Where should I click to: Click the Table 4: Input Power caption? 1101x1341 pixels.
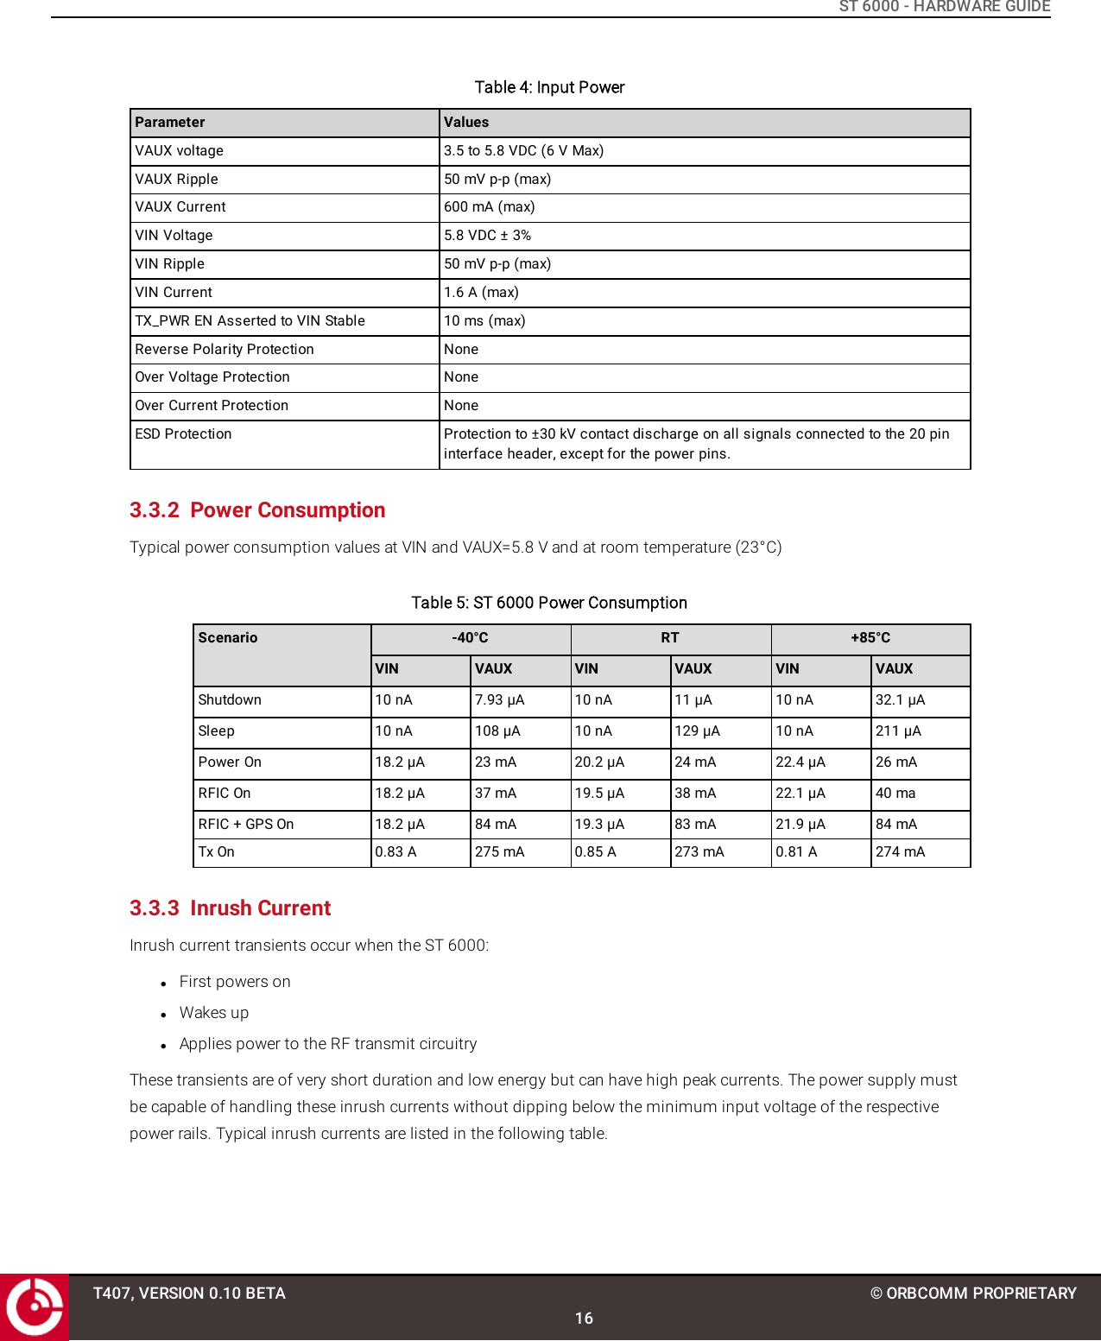[549, 87]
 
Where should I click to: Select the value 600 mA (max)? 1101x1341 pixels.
[489, 207]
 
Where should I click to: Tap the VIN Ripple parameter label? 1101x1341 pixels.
[170, 264]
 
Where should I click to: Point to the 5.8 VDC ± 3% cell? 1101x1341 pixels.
[487, 236]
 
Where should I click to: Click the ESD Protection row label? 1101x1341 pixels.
[183, 434]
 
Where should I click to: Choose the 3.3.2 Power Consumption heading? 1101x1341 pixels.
[257, 510]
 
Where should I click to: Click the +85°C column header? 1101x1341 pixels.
[870, 638]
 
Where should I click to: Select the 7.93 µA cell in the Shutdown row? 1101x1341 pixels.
[499, 700]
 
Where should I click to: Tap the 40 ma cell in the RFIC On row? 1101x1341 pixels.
[895, 794]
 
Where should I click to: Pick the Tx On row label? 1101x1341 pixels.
[217, 852]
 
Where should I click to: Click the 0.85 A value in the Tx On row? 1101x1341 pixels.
[595, 852]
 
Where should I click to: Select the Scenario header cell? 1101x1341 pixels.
[228, 638]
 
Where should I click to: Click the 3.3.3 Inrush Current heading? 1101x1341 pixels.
[230, 908]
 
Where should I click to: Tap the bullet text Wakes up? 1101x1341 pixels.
[214, 1013]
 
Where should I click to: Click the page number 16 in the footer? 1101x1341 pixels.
[584, 1319]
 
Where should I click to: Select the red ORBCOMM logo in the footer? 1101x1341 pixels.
[35, 1306]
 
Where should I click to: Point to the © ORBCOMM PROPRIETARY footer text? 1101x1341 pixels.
[973, 1294]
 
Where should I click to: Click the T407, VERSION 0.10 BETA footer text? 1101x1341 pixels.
[189, 1294]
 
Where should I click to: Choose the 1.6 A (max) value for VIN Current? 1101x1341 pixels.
[481, 293]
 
